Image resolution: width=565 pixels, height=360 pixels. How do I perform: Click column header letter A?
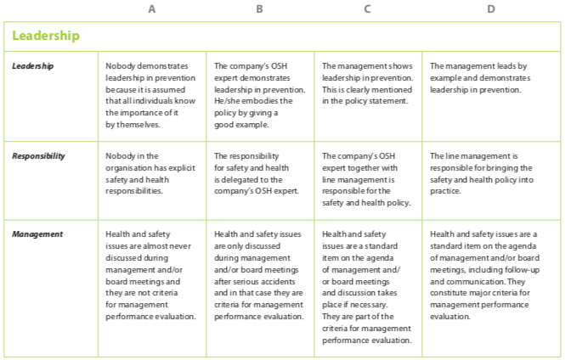pos(152,9)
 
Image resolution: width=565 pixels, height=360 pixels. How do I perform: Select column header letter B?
pos(259,9)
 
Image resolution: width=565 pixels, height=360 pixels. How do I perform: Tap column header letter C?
pos(367,9)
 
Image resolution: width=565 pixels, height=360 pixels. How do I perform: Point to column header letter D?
pos(491,9)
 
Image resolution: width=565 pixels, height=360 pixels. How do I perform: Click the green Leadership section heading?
pos(46,36)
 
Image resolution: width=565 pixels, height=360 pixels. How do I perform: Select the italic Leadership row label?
pos(32,66)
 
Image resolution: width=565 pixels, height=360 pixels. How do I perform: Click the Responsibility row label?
pos(38,156)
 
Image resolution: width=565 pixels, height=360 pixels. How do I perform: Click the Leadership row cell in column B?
pos(259,94)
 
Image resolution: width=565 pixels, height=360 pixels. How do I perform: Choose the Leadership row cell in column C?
pos(367,83)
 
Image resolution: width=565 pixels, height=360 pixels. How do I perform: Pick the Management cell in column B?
pos(259,274)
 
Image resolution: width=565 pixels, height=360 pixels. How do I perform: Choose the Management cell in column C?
pos(367,286)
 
